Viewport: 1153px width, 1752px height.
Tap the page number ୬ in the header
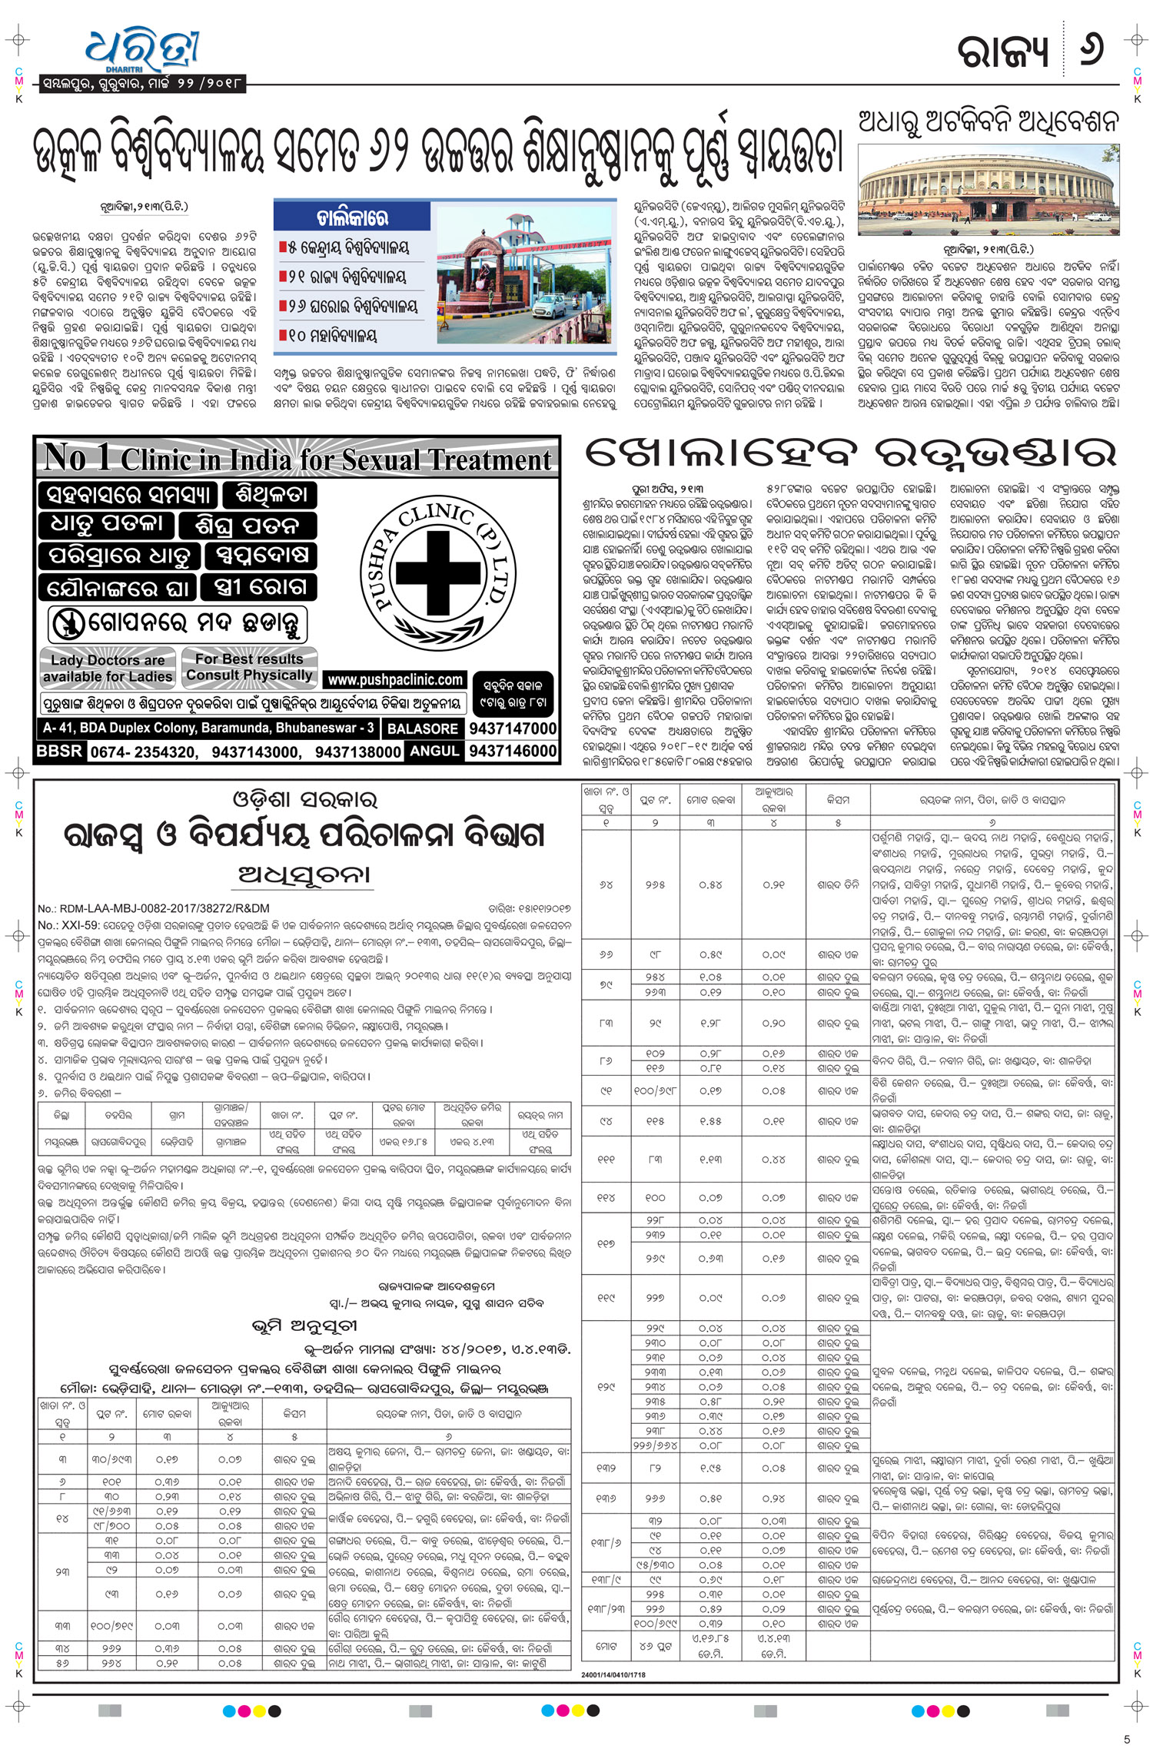pyautogui.click(x=1091, y=48)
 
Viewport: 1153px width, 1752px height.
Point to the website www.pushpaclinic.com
pyautogui.click(x=396, y=679)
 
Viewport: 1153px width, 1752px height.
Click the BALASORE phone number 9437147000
pyautogui.click(x=512, y=728)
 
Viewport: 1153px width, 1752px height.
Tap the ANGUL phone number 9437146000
pyautogui.click(x=512, y=751)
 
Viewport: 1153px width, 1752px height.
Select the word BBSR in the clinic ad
pyautogui.click(x=59, y=751)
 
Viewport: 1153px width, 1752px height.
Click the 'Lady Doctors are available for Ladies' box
pyautogui.click(x=107, y=668)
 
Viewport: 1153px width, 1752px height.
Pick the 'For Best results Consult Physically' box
pyautogui.click(x=249, y=667)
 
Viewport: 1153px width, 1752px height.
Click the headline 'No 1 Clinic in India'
pyautogui.click(x=297, y=459)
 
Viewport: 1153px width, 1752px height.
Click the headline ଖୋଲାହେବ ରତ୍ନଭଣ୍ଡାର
pyautogui.click(x=849, y=454)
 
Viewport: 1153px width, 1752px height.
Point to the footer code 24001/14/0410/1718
pyautogui.click(x=613, y=1674)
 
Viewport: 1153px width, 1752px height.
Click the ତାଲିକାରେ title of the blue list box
pyautogui.click(x=352, y=217)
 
